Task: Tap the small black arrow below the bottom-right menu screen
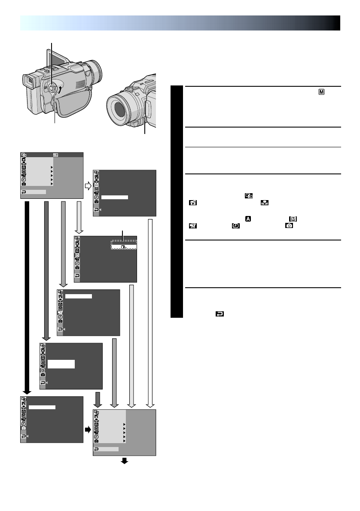pos(125,461)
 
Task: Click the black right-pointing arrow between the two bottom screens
pos(88,429)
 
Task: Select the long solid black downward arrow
pos(27,296)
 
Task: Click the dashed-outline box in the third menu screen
pos(124,245)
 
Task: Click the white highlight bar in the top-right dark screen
pos(115,197)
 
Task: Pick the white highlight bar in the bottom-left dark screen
pos(43,406)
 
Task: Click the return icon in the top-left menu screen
pos(24,192)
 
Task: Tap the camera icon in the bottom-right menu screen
pos(96,441)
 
